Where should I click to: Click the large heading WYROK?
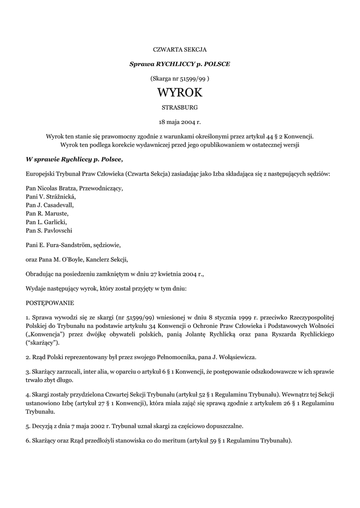(x=179, y=93)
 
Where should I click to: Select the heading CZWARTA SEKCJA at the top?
(x=179, y=49)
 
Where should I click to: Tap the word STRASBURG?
(x=179, y=107)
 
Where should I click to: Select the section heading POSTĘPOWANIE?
(x=50, y=302)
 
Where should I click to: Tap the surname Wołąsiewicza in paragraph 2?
(x=235, y=357)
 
